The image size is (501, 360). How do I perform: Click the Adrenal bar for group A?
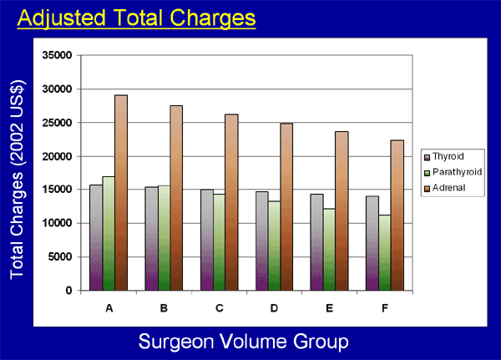tap(121, 193)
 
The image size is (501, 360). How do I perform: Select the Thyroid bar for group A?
tap(95, 238)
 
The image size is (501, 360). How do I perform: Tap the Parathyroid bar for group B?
tap(163, 238)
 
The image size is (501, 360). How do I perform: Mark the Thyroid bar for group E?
tap(316, 242)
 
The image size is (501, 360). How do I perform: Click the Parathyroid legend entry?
tap(454, 172)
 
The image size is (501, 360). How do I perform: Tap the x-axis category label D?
tap(273, 308)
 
